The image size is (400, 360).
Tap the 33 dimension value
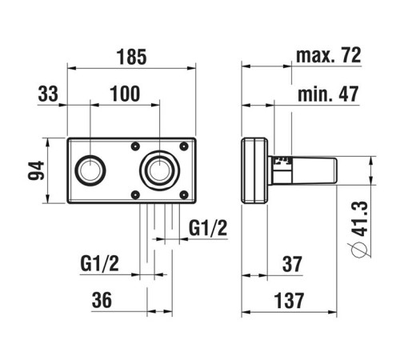(49, 94)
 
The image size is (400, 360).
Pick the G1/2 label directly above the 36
(100, 263)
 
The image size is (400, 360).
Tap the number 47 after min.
(347, 94)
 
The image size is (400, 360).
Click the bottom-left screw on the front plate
(135, 194)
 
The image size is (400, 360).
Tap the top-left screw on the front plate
(135, 146)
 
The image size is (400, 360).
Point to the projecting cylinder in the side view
(308, 170)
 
